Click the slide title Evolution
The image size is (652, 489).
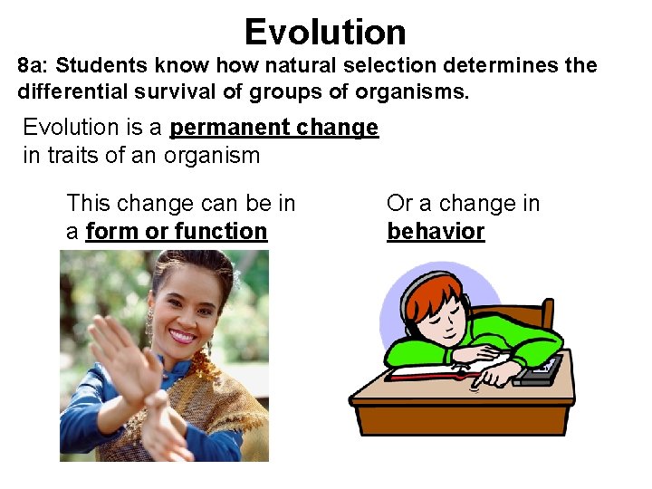325,33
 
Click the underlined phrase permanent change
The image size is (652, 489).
273,128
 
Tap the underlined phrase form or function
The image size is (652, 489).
177,232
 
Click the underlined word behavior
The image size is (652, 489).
436,232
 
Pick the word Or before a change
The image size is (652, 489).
399,204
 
